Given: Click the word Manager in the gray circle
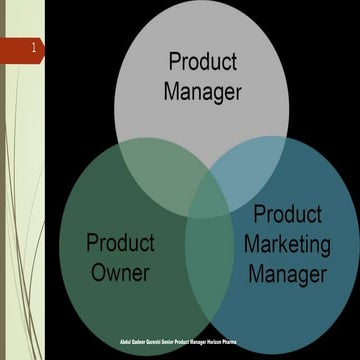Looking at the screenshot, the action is click(204, 93).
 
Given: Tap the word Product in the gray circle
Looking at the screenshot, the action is click(204, 62).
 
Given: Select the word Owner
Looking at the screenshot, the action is click(120, 272).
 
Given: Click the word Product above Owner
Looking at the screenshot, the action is click(120, 243).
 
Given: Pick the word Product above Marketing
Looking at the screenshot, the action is click(287, 214).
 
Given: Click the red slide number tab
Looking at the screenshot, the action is click(22, 48).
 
